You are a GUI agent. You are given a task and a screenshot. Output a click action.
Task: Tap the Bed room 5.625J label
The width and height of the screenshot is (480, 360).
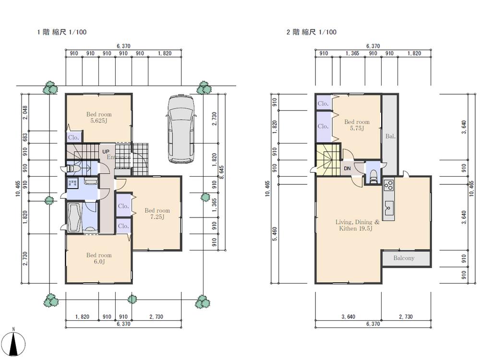point(99,118)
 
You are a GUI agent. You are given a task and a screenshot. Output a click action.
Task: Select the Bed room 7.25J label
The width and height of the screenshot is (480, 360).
point(157,214)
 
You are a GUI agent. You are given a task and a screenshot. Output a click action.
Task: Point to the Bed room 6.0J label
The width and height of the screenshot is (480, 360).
point(99,258)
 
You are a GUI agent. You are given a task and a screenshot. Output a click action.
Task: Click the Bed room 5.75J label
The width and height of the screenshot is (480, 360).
point(357,125)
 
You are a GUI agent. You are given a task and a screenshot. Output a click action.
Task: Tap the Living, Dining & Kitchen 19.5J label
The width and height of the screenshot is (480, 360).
point(357,225)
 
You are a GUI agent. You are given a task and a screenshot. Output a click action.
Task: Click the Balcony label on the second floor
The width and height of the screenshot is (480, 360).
point(404,258)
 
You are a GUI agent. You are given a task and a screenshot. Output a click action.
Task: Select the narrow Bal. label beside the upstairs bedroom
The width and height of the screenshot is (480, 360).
point(390,136)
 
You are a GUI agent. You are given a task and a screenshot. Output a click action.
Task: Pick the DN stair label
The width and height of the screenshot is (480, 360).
point(347,169)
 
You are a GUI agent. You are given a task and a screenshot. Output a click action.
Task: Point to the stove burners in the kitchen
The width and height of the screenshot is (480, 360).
point(388,185)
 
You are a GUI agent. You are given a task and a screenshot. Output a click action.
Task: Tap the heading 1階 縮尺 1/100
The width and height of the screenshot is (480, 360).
point(62,33)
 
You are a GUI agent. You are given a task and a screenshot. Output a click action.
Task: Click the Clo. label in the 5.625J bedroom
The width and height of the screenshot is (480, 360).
point(73,137)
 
